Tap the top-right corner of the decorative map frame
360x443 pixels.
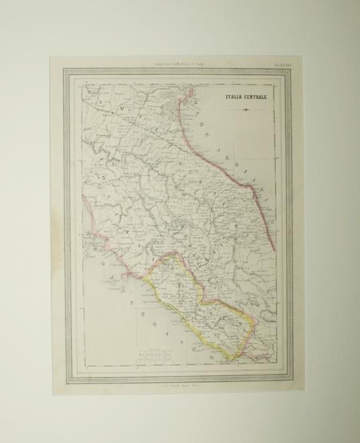click(290, 70)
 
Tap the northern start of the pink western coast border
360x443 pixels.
click(84, 197)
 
